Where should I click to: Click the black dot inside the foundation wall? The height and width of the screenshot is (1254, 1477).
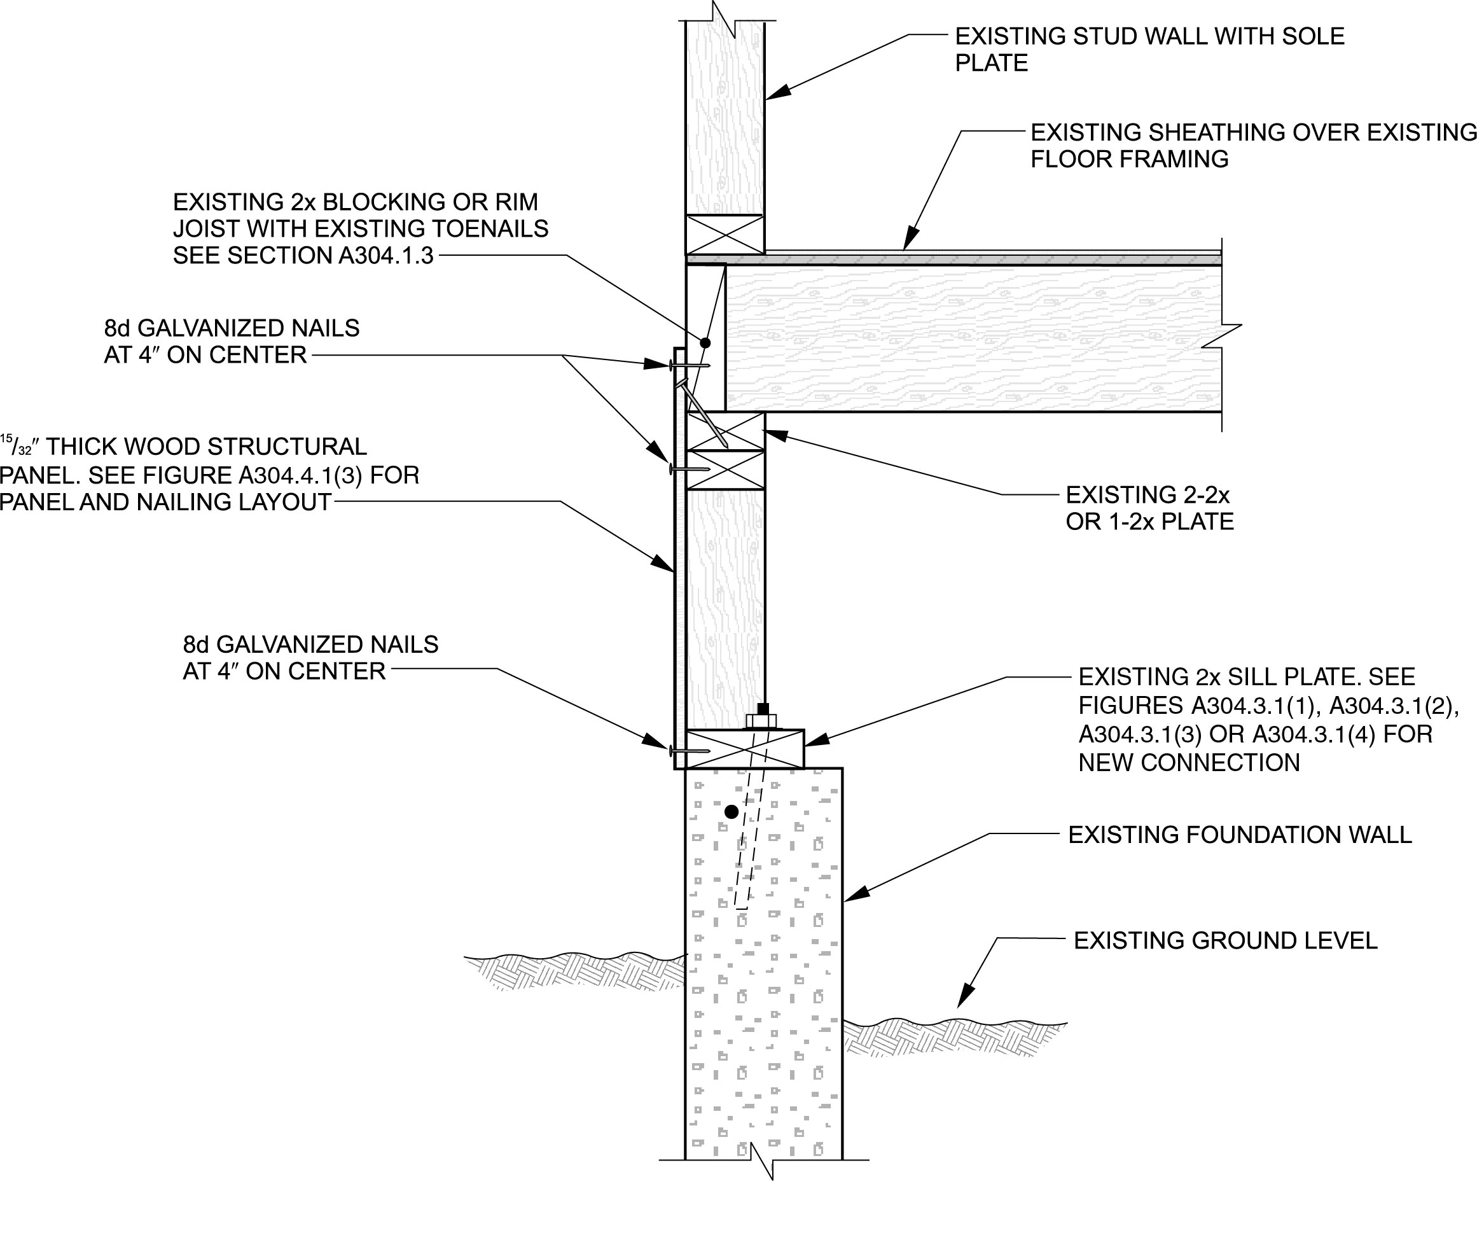pos(731,811)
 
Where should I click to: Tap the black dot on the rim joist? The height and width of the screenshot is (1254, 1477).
pos(705,343)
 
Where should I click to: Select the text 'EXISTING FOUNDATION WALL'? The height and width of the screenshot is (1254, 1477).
pos(1240,835)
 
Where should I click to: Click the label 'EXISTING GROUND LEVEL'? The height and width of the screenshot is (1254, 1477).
pos(1224,940)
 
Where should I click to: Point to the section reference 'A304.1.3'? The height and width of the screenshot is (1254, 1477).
pos(385,255)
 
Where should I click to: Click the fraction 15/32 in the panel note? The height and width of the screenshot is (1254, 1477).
pos(17,446)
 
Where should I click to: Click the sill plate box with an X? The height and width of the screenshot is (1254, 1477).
pos(745,749)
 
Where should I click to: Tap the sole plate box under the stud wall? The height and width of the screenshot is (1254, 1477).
pos(725,235)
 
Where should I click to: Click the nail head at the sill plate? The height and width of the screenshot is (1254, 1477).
pos(670,750)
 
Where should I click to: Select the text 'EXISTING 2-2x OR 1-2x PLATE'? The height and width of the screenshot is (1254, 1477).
pos(1149,508)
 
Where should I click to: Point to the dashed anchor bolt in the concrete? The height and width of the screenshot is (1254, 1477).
pos(750,839)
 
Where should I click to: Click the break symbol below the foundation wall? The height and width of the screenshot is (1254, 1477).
pos(762,1164)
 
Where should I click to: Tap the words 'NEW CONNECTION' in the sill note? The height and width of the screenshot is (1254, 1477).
pos(1188,763)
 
